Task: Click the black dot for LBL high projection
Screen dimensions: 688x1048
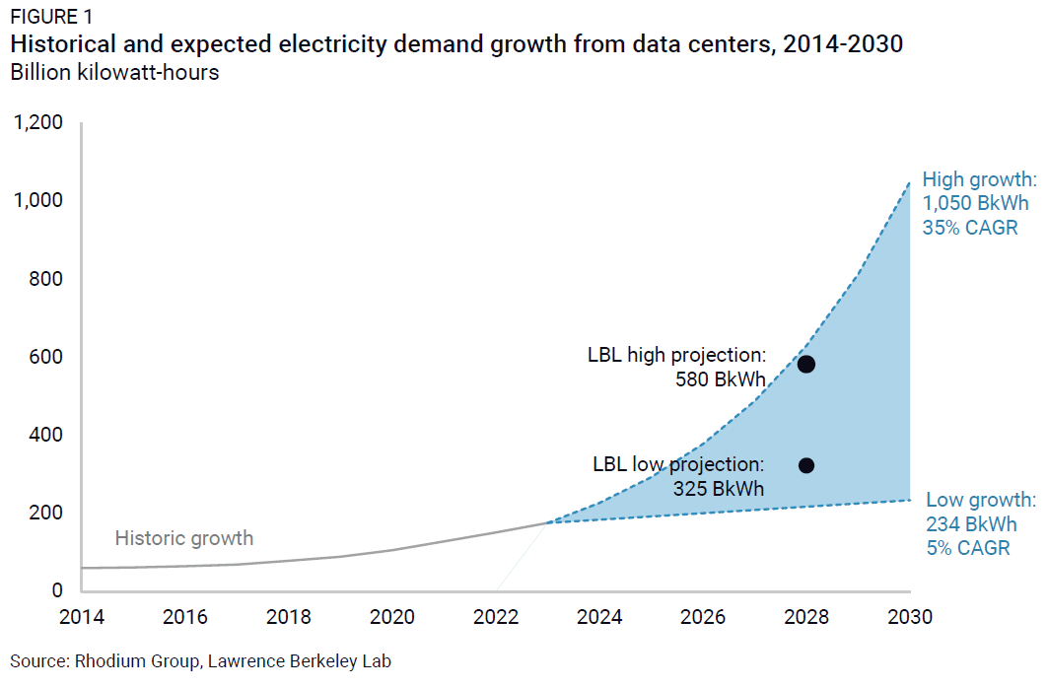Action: [805, 364]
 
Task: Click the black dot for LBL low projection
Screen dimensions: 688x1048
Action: [805, 465]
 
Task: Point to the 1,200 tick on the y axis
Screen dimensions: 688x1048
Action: [37, 123]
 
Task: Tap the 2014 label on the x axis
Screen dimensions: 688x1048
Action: [82, 618]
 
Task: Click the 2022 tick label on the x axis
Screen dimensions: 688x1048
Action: [495, 618]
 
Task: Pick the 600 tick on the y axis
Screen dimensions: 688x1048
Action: [44, 357]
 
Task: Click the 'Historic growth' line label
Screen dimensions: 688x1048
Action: [184, 538]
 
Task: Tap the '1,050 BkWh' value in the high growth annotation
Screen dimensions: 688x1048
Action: [975, 204]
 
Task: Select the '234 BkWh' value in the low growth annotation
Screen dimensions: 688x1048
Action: [970, 523]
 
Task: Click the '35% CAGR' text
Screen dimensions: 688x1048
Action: [970, 228]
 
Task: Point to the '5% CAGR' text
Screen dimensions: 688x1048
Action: [968, 548]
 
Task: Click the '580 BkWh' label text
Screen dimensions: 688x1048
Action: [719, 379]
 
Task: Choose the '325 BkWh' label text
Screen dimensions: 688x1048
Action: [719, 488]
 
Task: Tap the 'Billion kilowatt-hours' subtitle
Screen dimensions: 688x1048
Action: [114, 73]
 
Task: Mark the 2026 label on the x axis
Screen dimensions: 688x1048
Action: [702, 618]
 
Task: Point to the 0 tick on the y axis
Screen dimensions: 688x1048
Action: [57, 590]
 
